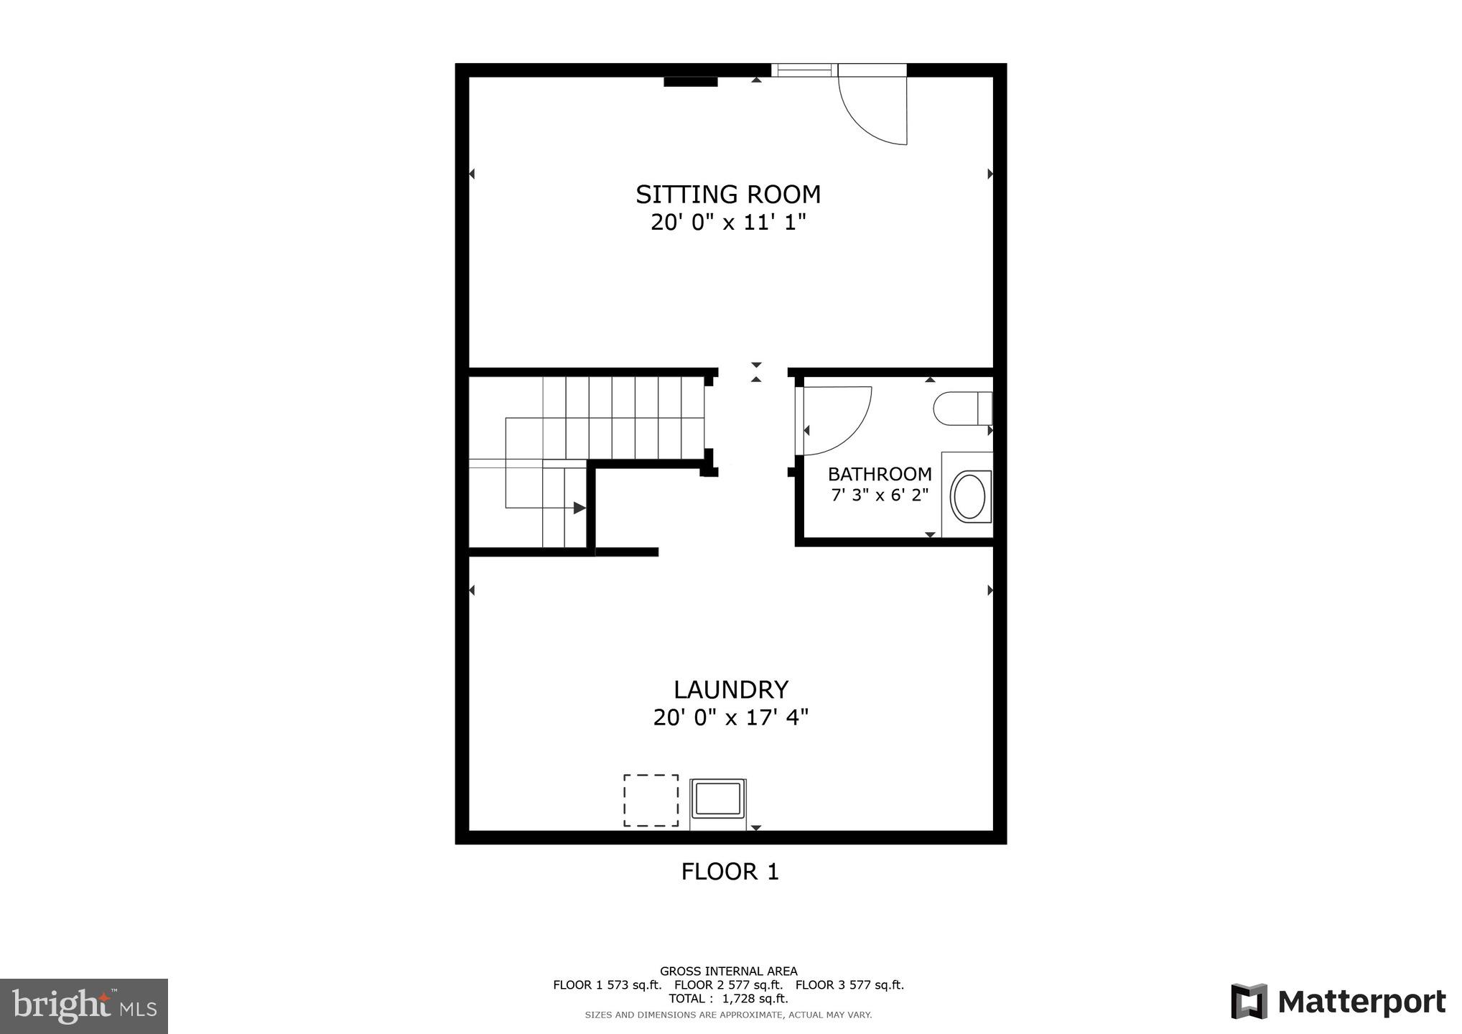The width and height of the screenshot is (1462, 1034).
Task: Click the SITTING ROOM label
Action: point(727,195)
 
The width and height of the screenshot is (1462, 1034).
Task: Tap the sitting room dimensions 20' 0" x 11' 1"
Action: point(728,223)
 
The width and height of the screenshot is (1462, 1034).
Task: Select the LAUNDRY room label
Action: point(730,689)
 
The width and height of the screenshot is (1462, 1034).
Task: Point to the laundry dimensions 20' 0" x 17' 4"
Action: point(730,717)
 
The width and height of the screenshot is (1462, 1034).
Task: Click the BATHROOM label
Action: point(879,474)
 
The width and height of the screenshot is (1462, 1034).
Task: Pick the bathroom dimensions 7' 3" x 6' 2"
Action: point(879,495)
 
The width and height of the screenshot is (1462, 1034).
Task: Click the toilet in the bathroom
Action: point(962,409)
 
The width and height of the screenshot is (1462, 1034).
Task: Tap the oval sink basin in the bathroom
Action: point(969,495)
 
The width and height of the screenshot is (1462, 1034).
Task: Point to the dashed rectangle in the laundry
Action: point(651,800)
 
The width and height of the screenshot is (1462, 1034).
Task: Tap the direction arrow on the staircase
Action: point(579,508)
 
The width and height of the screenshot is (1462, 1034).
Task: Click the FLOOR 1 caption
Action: point(730,872)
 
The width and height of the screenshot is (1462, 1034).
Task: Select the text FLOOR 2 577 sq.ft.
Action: point(728,985)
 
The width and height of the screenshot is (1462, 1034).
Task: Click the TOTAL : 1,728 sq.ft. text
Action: point(728,999)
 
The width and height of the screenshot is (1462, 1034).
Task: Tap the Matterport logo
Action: point(1338,1001)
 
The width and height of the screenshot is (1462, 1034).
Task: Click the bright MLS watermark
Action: point(84,1006)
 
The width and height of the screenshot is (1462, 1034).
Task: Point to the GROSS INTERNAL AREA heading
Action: point(728,972)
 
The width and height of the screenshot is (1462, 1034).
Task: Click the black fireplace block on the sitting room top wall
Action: point(690,82)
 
